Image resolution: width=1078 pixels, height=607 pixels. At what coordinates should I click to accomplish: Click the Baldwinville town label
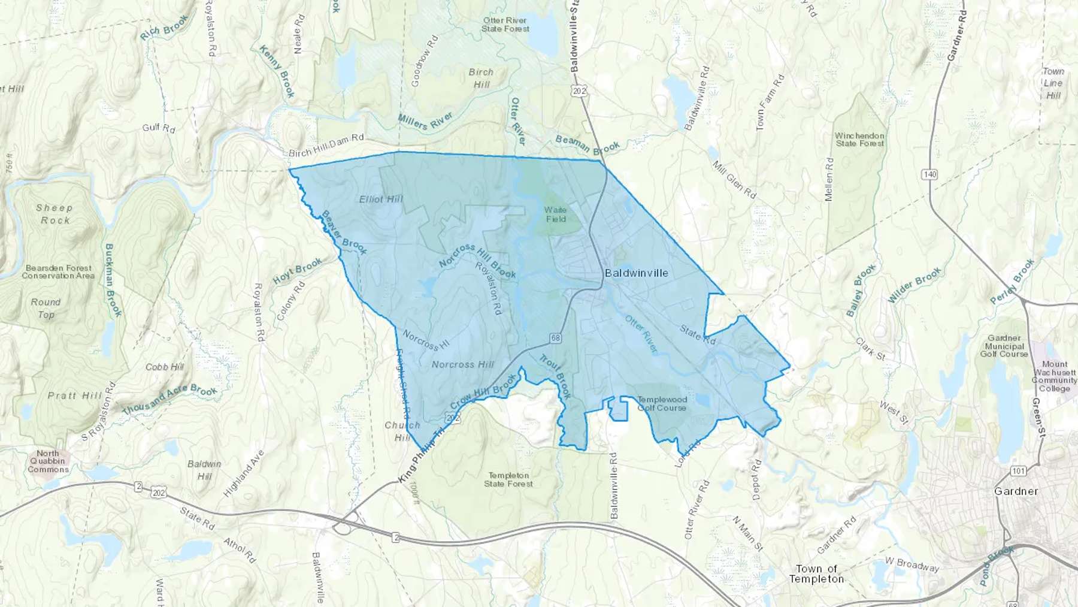(636, 273)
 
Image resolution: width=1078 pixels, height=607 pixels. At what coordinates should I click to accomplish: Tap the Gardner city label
(1016, 491)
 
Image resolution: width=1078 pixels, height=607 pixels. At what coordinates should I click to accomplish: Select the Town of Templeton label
(816, 574)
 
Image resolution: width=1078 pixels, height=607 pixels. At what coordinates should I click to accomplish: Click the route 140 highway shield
(930, 174)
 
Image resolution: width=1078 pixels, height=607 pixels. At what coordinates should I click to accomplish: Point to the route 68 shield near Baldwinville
(556, 339)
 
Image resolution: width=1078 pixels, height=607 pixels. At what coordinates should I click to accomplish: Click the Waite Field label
(555, 215)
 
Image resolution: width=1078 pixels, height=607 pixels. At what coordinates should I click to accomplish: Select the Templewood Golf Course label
(662, 403)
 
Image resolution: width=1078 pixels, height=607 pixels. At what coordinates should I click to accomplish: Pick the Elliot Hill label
(381, 200)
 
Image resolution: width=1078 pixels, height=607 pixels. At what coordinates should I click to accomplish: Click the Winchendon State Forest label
(859, 140)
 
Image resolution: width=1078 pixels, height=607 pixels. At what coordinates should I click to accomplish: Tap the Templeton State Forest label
(508, 479)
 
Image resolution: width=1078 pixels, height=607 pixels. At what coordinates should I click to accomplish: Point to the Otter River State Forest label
(505, 25)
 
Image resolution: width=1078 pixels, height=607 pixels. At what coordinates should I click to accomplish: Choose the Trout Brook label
(555, 376)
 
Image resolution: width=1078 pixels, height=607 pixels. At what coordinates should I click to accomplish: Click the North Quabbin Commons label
(48, 461)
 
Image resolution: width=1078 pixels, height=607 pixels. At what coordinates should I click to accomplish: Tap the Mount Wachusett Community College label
(1054, 376)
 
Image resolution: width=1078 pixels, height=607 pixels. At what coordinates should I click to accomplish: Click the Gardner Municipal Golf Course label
(1004, 346)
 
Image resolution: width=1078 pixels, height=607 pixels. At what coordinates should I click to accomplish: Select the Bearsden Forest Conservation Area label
(58, 272)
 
